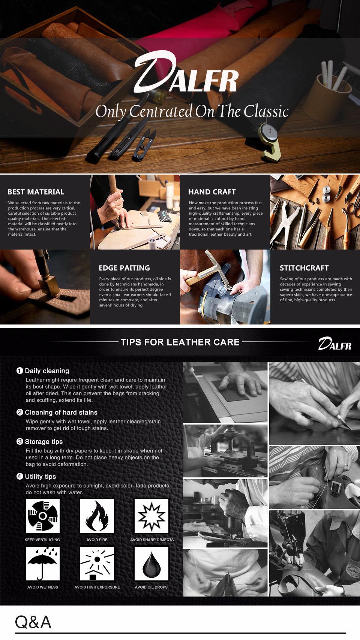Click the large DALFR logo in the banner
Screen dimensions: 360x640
(x=186, y=73)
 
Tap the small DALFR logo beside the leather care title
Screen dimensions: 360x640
(x=335, y=344)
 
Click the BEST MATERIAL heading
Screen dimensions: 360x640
(x=36, y=192)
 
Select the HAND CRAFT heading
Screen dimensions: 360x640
(x=212, y=192)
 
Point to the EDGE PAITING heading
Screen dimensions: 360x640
(x=124, y=268)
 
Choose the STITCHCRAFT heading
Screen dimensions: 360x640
(x=304, y=268)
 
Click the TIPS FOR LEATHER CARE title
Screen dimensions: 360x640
(x=180, y=342)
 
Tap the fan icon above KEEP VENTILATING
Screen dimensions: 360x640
(x=43, y=516)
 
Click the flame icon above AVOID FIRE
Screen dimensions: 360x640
(x=97, y=516)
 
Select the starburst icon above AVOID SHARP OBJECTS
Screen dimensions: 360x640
(x=151, y=516)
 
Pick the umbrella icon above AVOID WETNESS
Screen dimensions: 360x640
(x=43, y=564)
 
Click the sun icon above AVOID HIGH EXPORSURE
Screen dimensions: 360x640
(x=97, y=564)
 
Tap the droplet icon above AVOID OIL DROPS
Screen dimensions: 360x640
(x=151, y=564)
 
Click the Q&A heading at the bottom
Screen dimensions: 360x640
(x=33, y=622)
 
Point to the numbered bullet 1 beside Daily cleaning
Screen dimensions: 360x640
(x=20, y=371)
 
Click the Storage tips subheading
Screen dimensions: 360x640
(x=44, y=442)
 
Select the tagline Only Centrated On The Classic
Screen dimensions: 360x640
(x=192, y=111)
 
